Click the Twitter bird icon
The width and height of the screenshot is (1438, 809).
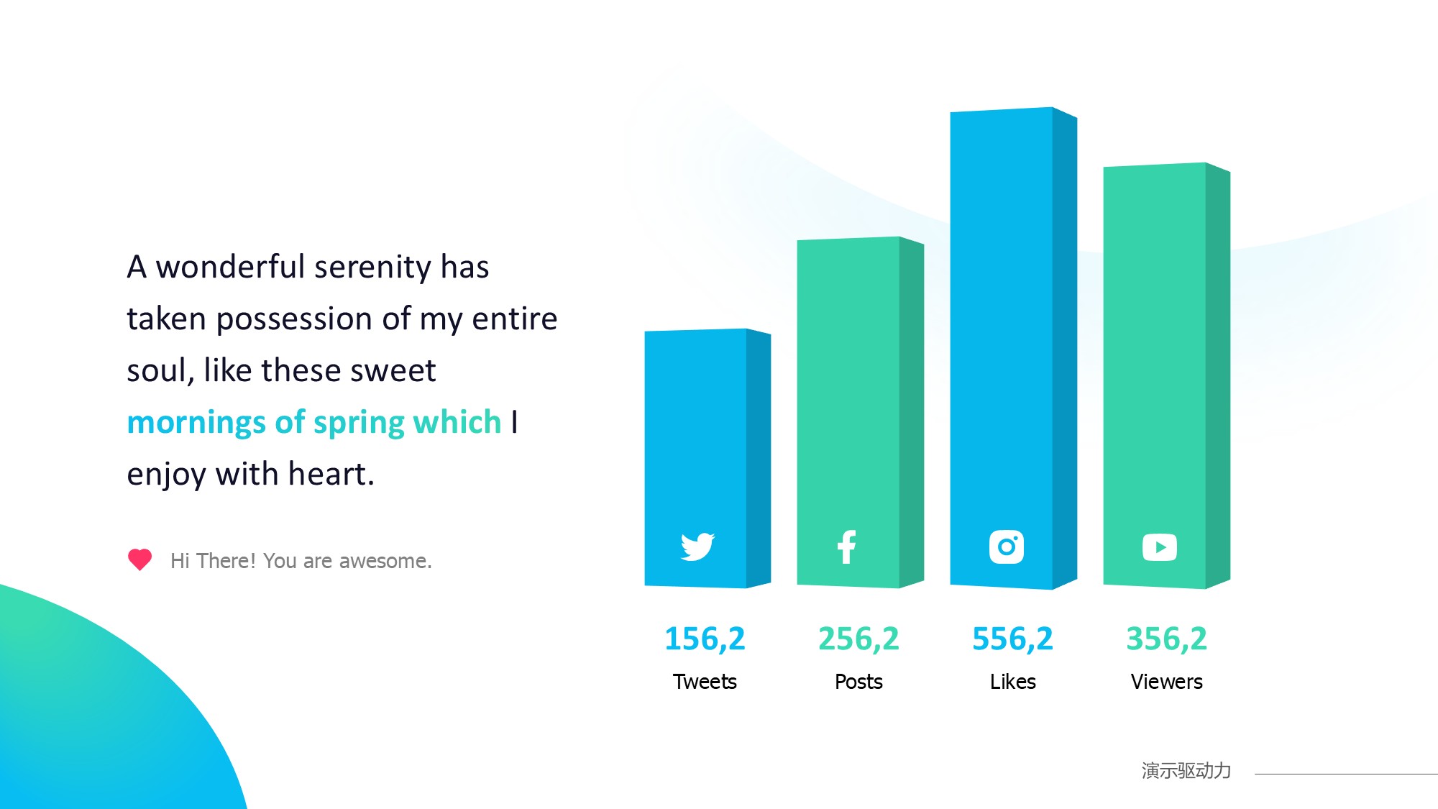[697, 547]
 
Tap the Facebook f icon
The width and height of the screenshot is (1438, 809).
[847, 547]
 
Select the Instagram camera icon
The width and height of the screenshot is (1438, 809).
[1007, 547]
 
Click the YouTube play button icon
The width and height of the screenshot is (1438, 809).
[1160, 547]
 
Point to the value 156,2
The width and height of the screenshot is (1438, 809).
[705, 639]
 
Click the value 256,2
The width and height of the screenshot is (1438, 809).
[858, 639]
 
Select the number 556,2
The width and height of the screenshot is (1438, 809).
[1012, 639]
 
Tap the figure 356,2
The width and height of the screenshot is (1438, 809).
[1166, 639]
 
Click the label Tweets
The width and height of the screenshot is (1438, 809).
[705, 682]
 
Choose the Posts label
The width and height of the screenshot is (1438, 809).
[858, 682]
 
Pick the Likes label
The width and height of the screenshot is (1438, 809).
[1012, 682]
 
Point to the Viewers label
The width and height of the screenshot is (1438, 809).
[1166, 682]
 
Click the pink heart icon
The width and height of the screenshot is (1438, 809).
[139, 559]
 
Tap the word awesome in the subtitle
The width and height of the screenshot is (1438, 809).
[385, 561]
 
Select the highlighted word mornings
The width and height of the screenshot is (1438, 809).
[196, 423]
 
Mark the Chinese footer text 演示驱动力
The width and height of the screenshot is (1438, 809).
[1186, 771]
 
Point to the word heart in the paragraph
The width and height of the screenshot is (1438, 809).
[331, 475]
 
